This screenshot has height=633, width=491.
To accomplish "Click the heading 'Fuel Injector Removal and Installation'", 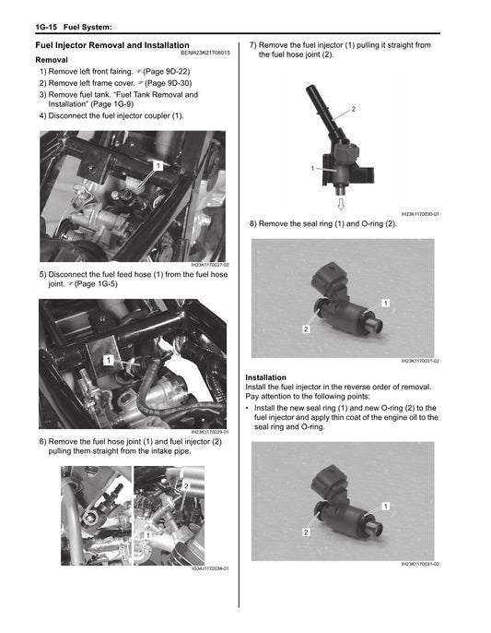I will click(111, 45).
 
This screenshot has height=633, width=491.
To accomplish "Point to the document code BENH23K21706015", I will click(205, 53).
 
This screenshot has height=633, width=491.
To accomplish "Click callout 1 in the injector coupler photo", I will click(158, 165).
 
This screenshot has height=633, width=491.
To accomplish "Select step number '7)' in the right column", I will click(252, 44).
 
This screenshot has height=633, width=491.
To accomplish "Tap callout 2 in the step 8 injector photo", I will click(305, 328).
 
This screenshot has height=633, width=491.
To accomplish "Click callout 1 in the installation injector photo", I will click(385, 505).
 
